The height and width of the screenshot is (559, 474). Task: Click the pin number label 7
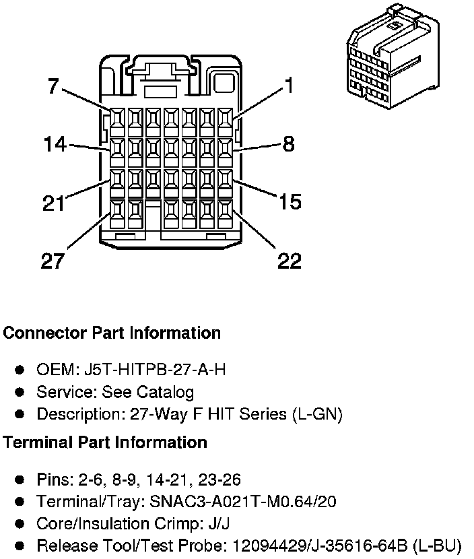[x=53, y=86]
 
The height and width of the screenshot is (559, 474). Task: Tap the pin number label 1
[x=288, y=86]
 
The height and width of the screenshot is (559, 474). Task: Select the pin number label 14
[x=56, y=144]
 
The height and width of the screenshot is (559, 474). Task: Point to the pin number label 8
[x=288, y=143]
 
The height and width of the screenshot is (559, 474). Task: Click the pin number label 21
[x=55, y=203]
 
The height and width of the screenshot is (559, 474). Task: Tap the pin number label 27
[x=53, y=261]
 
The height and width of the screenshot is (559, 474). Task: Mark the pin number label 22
[x=290, y=261]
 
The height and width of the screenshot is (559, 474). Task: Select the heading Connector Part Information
[x=112, y=333]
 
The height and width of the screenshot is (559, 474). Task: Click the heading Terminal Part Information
[x=105, y=442]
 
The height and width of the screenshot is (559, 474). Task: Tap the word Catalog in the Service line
[x=165, y=392]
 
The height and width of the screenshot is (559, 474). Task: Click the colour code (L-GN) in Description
[x=317, y=414]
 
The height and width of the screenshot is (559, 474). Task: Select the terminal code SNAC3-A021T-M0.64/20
[x=245, y=502]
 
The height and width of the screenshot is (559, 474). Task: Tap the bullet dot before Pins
[x=20, y=480]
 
